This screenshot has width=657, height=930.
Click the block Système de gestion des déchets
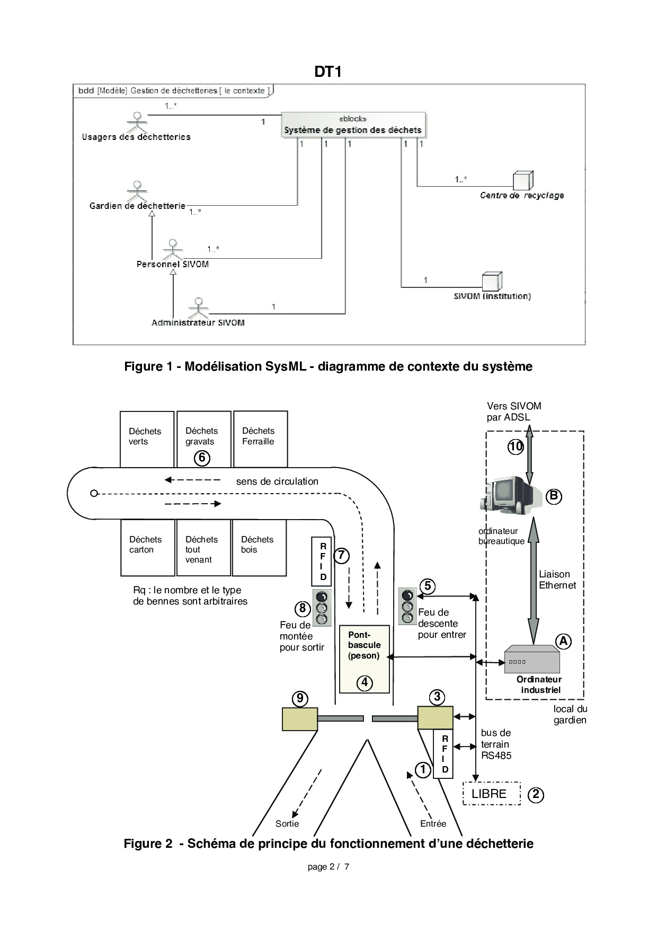[353, 125]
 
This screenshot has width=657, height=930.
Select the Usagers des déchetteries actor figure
[138, 123]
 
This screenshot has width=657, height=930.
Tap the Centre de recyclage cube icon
[522, 181]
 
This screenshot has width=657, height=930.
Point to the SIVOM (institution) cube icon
[491, 282]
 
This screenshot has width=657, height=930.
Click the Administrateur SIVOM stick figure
[199, 308]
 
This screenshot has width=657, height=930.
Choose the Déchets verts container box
[147, 439]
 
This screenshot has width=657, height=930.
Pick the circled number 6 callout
[202, 458]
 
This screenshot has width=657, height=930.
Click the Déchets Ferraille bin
[260, 439]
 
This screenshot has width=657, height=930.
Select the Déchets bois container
[259, 547]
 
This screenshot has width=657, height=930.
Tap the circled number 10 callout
[516, 446]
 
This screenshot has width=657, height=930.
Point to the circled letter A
[563, 641]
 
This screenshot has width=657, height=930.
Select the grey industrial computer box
[531, 659]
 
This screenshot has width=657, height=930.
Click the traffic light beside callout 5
[407, 606]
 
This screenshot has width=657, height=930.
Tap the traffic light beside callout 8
[322, 608]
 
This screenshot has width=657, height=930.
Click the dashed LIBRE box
[491, 794]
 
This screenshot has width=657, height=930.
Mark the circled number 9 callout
[300, 698]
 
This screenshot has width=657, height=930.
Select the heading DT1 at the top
[328, 72]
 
